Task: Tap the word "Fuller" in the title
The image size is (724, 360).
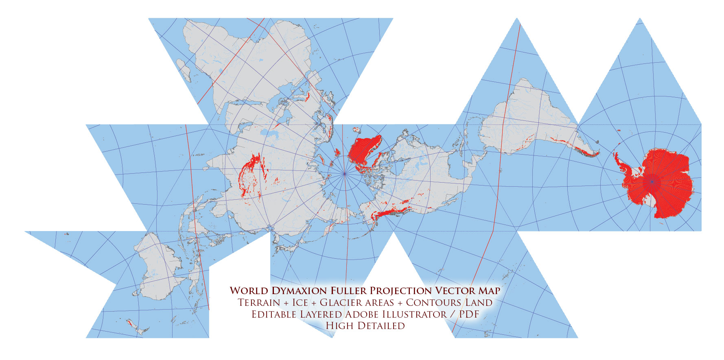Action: pos(348,291)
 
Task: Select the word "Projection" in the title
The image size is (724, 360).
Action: pos(400,291)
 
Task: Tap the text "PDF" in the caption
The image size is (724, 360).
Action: pos(469,314)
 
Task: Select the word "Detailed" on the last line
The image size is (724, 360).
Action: pos(381,326)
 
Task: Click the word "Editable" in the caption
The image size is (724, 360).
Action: pos(274,314)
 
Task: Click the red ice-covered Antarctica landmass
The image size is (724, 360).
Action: pos(663,183)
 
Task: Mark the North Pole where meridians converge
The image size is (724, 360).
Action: pos(344,174)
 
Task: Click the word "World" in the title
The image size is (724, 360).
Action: pos(249,291)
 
